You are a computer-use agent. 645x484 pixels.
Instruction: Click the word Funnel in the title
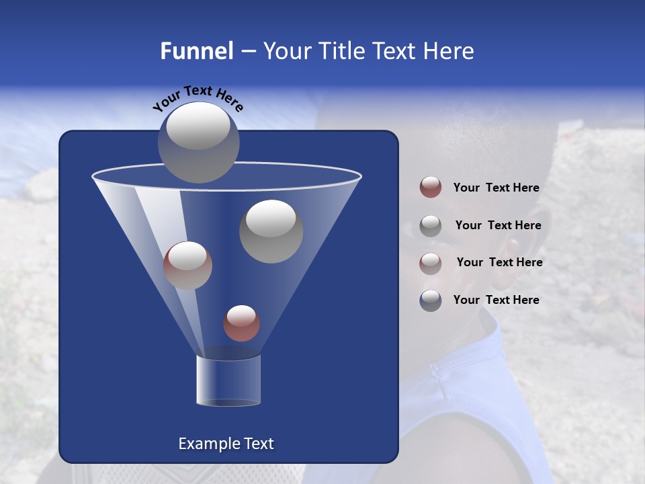(x=196, y=51)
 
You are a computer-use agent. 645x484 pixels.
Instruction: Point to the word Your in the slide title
(x=285, y=51)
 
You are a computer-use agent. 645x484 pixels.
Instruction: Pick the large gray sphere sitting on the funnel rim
(x=199, y=142)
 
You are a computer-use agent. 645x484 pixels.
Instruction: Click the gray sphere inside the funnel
(x=271, y=231)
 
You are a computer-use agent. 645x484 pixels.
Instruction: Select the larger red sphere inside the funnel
(x=187, y=266)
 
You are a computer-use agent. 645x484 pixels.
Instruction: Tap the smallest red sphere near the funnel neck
(x=241, y=323)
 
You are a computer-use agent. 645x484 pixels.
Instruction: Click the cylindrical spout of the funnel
(x=228, y=380)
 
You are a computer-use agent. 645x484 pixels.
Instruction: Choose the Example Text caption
(x=226, y=444)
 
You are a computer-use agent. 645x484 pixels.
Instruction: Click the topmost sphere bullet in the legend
(x=431, y=188)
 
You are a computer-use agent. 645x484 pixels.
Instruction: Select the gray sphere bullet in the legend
(x=431, y=225)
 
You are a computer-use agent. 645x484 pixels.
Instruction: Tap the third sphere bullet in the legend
(x=431, y=263)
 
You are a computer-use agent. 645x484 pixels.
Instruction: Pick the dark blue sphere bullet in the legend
(x=431, y=300)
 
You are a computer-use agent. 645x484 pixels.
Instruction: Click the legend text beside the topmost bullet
(x=496, y=188)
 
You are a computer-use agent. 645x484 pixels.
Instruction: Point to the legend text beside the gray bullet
(x=498, y=226)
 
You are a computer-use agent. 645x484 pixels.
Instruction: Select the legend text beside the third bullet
(x=499, y=263)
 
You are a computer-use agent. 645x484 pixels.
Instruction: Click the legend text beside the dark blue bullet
(x=496, y=300)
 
